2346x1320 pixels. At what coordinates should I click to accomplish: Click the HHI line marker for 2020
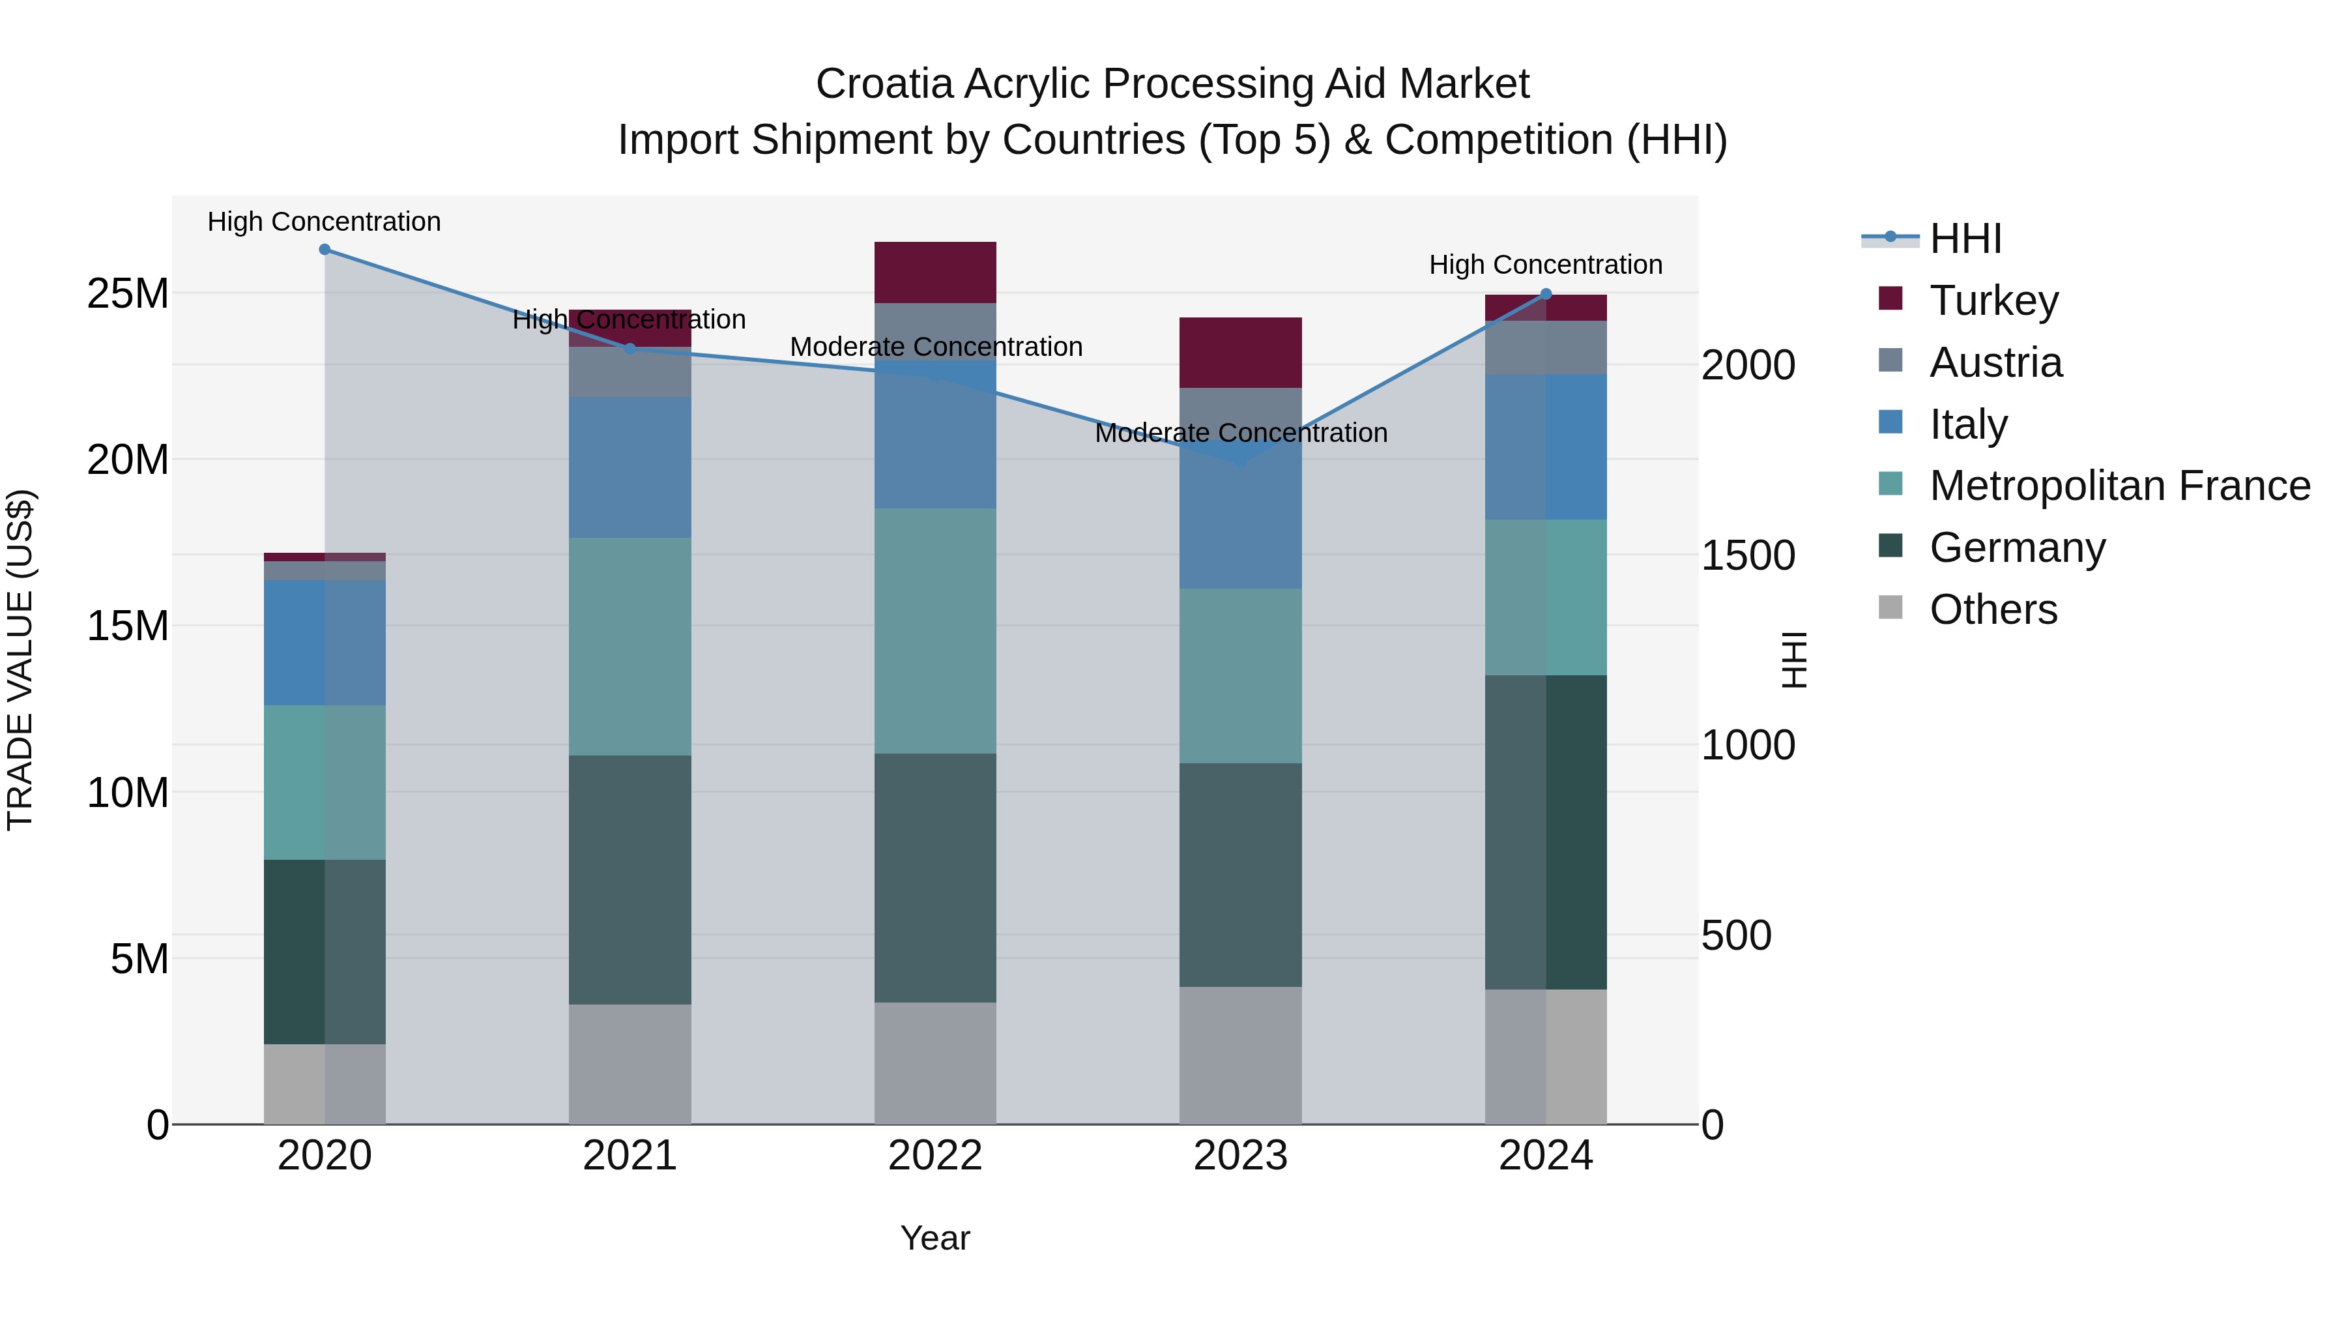click(325, 250)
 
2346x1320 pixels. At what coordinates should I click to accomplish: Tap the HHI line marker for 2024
click(1546, 294)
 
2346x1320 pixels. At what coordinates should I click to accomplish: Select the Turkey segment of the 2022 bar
click(935, 272)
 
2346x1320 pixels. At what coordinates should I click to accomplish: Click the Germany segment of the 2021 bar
click(630, 879)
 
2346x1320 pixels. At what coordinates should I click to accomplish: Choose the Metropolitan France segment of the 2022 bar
click(935, 630)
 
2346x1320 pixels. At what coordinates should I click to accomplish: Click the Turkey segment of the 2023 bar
click(1240, 353)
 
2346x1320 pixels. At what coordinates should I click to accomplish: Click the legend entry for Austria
click(1995, 362)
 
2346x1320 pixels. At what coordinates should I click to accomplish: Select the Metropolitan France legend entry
click(2119, 486)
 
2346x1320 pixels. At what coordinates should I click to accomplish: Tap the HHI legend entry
click(1965, 239)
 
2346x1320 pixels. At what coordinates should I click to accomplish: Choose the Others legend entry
click(1993, 609)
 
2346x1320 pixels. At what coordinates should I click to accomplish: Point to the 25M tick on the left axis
click(128, 293)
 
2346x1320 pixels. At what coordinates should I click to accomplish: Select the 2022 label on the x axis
click(935, 1156)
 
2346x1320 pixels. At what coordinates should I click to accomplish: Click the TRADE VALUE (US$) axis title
click(20, 660)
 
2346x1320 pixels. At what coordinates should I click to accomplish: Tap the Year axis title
click(935, 1238)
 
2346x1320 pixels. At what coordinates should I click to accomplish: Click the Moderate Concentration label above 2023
click(1240, 433)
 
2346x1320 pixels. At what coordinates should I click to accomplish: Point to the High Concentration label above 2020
click(325, 222)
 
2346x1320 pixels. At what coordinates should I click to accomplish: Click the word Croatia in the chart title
click(884, 84)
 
